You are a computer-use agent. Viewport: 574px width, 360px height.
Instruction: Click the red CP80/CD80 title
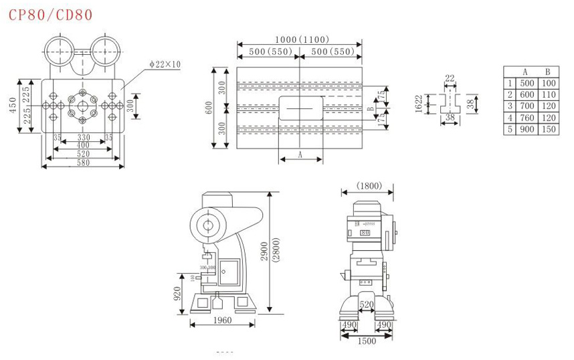point(51,14)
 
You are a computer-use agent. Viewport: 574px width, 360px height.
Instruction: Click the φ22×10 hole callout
point(165,64)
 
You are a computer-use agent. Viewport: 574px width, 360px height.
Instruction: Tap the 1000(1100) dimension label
point(300,39)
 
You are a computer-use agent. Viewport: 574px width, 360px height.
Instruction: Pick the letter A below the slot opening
point(300,155)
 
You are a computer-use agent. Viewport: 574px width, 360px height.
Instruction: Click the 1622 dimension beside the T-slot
point(418,103)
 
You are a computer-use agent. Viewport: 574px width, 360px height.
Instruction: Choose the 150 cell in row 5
point(549,129)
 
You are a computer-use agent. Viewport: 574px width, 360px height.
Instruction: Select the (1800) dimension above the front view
point(369,185)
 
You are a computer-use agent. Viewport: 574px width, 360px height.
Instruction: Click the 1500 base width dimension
point(367,341)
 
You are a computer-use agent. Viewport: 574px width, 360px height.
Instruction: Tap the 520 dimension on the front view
point(367,304)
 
